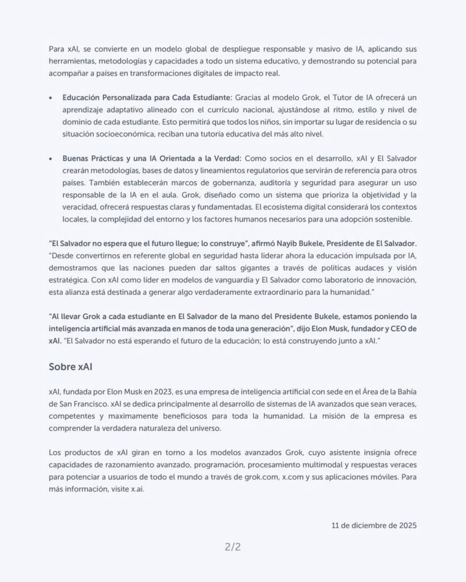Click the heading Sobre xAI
(x=70, y=367)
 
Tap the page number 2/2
(x=233, y=548)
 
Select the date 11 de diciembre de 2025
(x=374, y=525)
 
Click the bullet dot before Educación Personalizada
(x=52, y=97)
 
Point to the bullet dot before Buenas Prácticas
(x=52, y=157)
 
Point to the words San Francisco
(x=84, y=405)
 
